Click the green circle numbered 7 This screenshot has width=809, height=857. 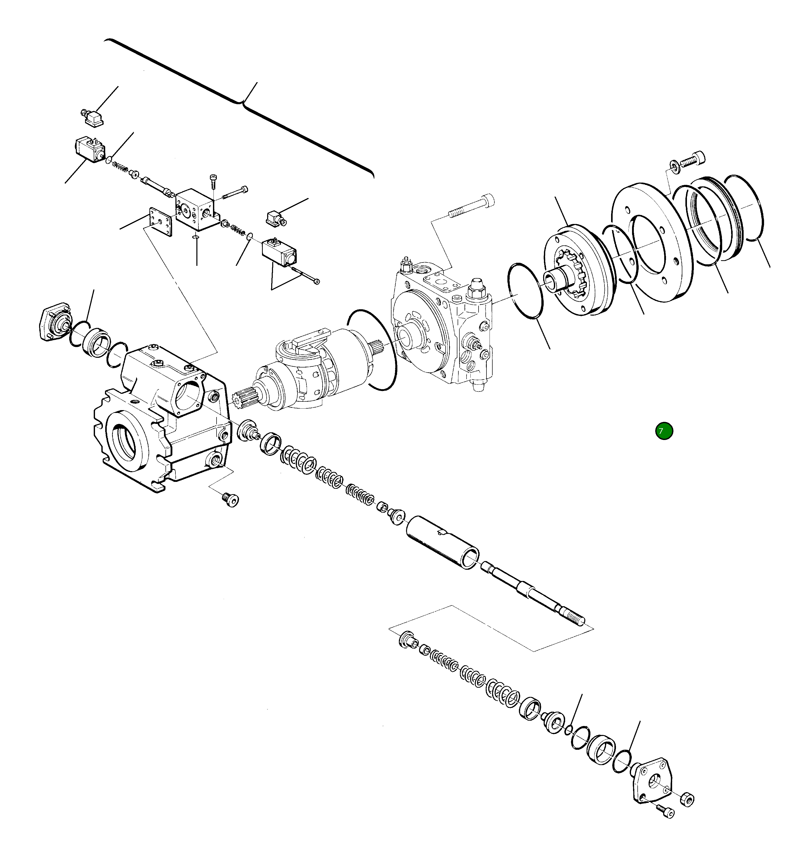point(664,431)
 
